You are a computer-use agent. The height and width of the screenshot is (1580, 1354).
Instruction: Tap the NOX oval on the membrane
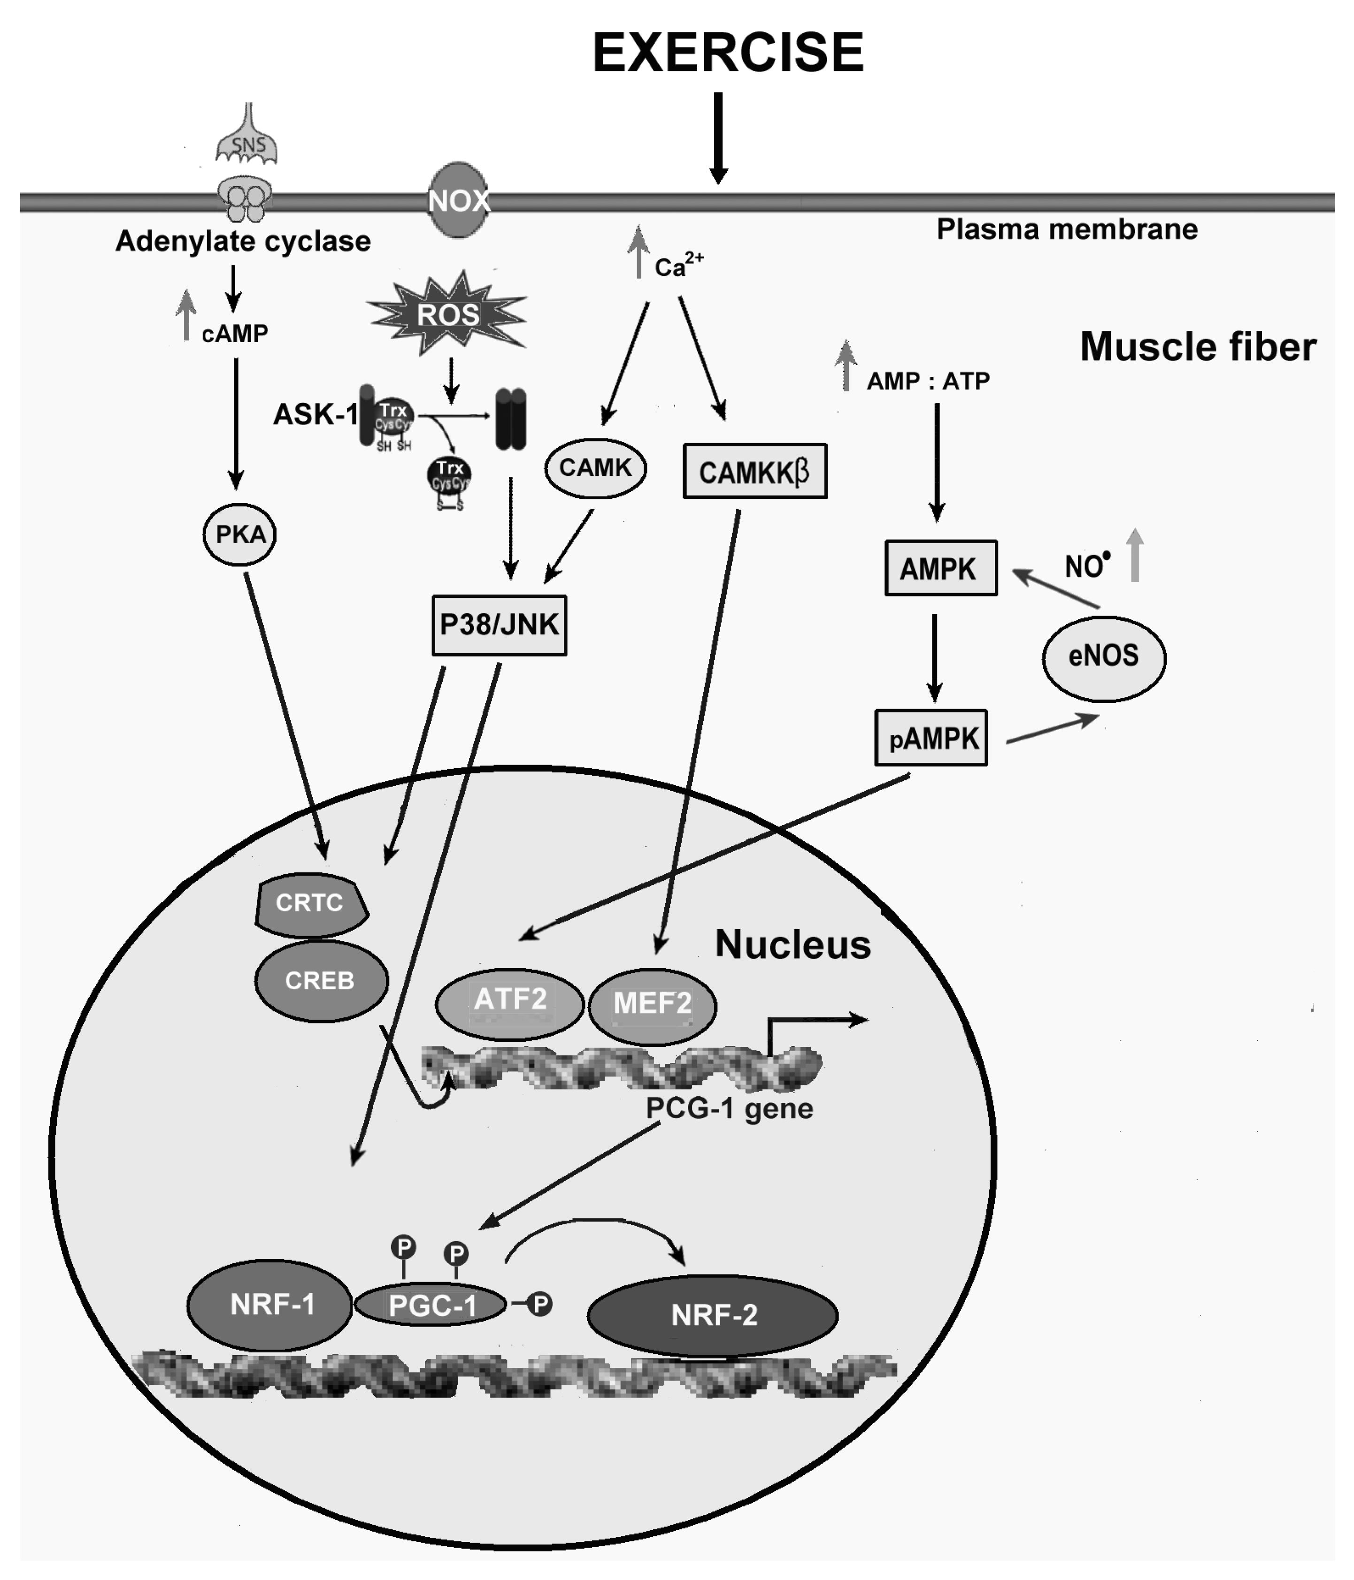coord(458,200)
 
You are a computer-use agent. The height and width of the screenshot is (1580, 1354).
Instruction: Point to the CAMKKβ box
coord(754,471)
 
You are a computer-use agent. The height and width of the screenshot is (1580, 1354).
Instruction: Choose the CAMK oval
coord(595,467)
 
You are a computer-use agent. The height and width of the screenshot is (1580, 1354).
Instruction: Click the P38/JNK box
coord(499,625)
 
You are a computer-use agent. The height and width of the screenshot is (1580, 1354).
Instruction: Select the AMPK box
coord(940,568)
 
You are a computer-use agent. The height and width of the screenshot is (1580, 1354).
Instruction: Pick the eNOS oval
coord(1103,656)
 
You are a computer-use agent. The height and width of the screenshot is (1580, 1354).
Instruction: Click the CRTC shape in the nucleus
coord(310,904)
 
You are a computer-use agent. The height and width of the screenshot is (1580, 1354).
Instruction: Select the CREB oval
coord(320,981)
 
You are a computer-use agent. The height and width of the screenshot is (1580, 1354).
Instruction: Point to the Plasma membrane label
coord(1066,229)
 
